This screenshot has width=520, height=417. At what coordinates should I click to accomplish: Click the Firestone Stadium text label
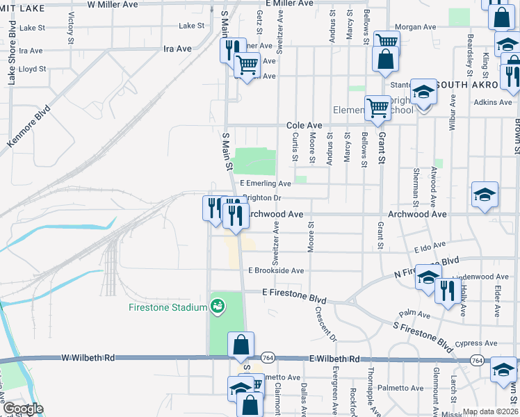(168, 307)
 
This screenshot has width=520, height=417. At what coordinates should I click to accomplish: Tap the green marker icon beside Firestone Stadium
(218, 306)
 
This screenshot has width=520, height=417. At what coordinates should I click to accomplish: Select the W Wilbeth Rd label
(88, 359)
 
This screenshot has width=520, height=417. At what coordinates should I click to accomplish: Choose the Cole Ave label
(304, 125)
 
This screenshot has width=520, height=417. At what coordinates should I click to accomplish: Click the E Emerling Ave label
(266, 183)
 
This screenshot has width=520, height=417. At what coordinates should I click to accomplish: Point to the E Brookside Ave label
(276, 270)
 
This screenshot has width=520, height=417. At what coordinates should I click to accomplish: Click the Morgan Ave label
(416, 28)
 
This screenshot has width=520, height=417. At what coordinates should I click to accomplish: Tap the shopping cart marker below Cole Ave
(377, 108)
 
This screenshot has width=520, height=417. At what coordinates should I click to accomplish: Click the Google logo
(23, 409)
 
